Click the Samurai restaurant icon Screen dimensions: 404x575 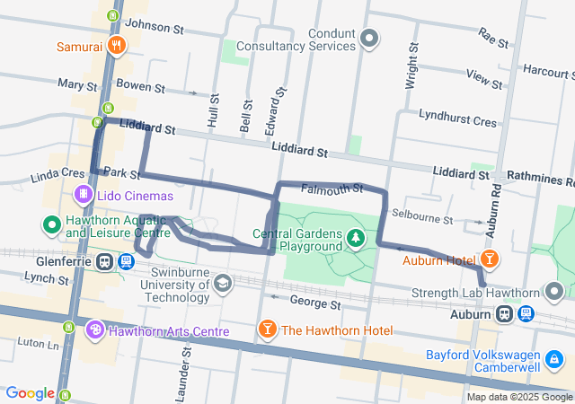point(115,46)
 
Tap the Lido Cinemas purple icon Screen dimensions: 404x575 point(83,194)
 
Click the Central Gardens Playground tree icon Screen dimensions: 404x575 point(357,237)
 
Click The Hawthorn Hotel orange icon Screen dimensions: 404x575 point(267,331)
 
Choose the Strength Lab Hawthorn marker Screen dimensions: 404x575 point(555,292)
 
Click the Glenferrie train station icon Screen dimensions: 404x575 point(105,262)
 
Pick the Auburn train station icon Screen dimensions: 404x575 point(505,314)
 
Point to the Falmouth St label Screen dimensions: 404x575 point(332,189)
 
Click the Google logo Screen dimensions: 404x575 point(30,393)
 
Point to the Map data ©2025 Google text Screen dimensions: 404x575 point(519,397)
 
